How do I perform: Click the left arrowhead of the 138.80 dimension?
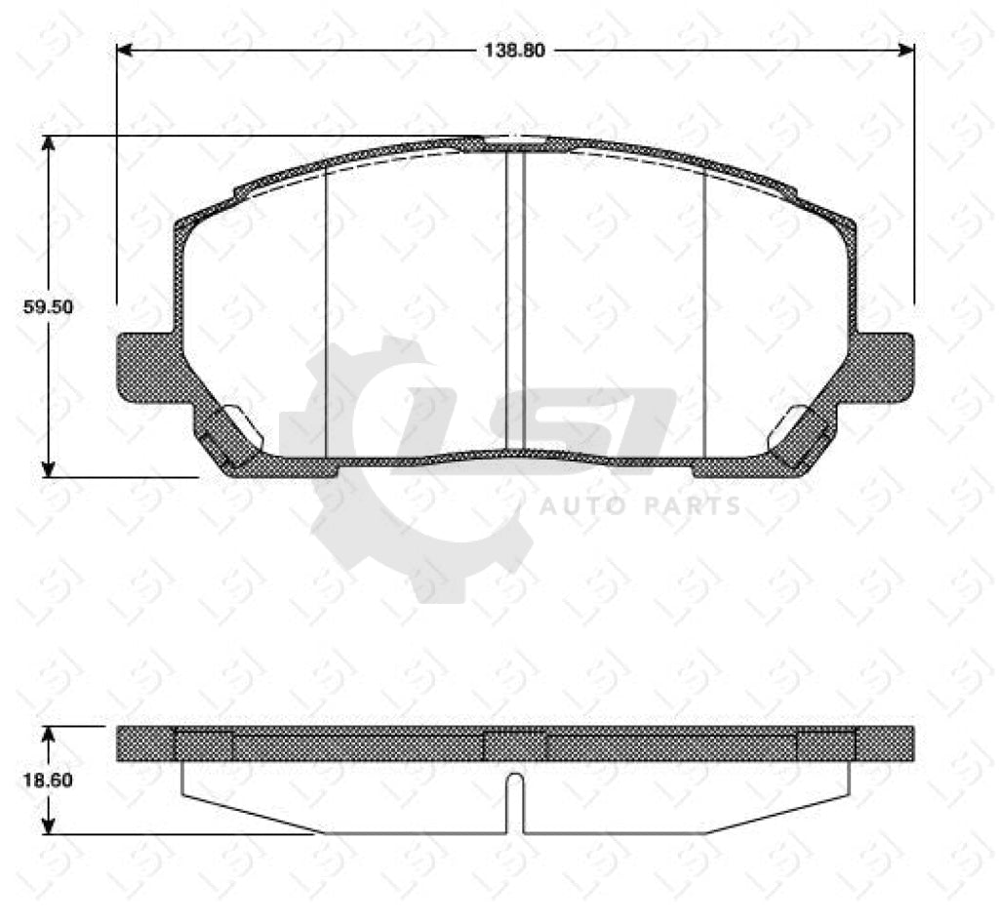click(x=124, y=50)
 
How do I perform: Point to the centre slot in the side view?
click(x=515, y=800)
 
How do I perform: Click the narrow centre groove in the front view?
click(x=515, y=302)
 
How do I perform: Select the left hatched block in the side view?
click(x=204, y=744)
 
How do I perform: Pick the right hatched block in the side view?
click(x=826, y=744)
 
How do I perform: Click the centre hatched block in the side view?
click(x=515, y=744)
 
